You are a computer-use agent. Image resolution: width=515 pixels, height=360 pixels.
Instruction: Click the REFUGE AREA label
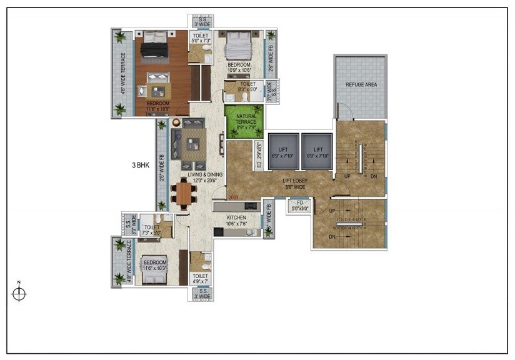click(361, 84)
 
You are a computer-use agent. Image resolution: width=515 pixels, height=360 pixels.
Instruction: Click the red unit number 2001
click(234, 197)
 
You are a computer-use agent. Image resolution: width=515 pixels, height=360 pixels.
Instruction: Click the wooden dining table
click(184, 193)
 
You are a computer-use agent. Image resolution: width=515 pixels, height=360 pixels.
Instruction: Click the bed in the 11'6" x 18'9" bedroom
click(154, 46)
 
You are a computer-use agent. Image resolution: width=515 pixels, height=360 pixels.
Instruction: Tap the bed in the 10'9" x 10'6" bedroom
click(238, 44)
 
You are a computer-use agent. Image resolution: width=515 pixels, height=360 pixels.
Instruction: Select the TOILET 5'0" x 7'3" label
click(201, 39)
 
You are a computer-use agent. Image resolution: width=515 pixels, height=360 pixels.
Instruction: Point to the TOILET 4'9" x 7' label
click(200, 279)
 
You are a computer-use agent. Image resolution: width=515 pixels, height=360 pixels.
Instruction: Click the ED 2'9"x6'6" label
click(259, 156)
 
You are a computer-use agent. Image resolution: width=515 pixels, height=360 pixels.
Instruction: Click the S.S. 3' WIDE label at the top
click(202, 22)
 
